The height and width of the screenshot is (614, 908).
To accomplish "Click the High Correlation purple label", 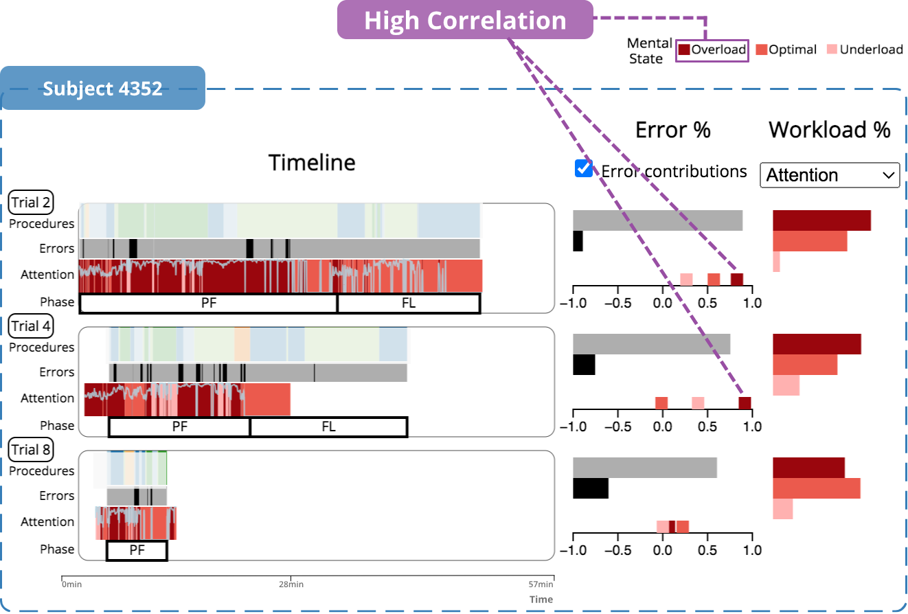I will click(465, 20).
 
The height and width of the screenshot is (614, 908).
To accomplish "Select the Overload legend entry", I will click(712, 50).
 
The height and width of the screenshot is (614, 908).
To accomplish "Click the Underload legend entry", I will click(864, 50).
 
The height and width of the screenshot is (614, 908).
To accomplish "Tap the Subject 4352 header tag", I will click(103, 89).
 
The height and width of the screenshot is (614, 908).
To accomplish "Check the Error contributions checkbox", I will click(584, 169).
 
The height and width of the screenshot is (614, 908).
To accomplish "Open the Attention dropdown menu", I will click(829, 175).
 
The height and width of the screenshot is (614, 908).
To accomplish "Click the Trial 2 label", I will click(31, 203).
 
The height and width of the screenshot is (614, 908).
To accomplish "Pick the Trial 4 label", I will click(31, 326).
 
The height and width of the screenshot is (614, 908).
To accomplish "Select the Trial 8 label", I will click(31, 450).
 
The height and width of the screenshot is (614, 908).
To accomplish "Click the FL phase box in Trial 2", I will click(409, 303).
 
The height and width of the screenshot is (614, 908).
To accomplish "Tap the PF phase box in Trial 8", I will click(137, 550).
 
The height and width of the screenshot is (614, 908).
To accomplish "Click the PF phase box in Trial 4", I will click(179, 427).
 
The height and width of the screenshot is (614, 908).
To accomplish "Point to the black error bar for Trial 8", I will click(591, 488).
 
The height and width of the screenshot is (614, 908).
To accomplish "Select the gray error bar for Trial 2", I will click(657, 220).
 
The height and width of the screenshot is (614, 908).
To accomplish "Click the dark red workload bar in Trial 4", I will click(817, 344).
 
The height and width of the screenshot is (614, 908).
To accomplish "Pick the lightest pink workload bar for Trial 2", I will click(776, 262).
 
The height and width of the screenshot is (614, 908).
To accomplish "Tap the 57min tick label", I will click(541, 585).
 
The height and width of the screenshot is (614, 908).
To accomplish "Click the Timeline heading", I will click(312, 163).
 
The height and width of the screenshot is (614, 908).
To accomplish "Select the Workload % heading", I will click(829, 129).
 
